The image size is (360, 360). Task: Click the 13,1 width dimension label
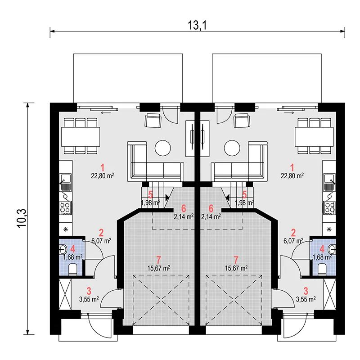197,26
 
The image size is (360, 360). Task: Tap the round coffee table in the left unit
163,148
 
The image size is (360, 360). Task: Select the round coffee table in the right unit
232,148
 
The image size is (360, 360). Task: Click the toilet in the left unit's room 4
73,269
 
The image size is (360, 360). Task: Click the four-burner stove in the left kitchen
66,208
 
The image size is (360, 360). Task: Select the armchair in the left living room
153,121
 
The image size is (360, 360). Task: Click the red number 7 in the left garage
158,260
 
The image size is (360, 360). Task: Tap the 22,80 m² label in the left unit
103,176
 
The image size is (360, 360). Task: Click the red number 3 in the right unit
306,291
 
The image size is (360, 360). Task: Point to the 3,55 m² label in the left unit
89,299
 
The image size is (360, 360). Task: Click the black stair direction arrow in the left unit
166,197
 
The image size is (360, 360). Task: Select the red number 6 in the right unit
211,208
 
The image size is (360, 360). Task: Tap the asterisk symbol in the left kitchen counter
66,229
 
